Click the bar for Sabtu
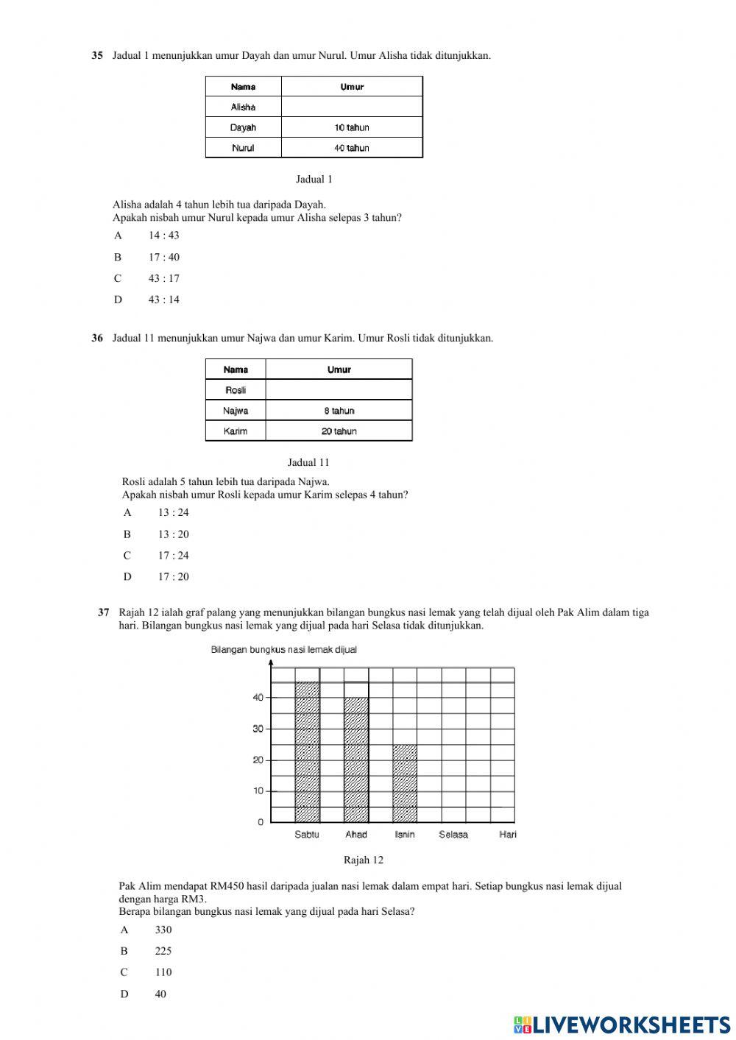pos(307,752)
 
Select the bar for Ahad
pos(356,760)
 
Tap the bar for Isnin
pos(405,784)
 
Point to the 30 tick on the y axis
pos(258,729)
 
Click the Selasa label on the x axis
pos(453,835)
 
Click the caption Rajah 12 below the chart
pos(364,860)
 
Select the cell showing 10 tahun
pos(352,127)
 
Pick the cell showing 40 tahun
pos(352,148)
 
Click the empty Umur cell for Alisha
pos(352,107)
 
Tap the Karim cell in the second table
pos(236,431)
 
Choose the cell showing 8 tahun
pos(339,411)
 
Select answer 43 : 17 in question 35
pos(163,278)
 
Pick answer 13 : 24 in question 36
pos(173,512)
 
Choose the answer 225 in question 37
pos(163,951)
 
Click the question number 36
pos(97,339)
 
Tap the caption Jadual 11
pos(308,462)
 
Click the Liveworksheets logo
pos(622,1024)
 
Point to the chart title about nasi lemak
pos(284,649)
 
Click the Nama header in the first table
pos(243,87)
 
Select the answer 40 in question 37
pos(160,994)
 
